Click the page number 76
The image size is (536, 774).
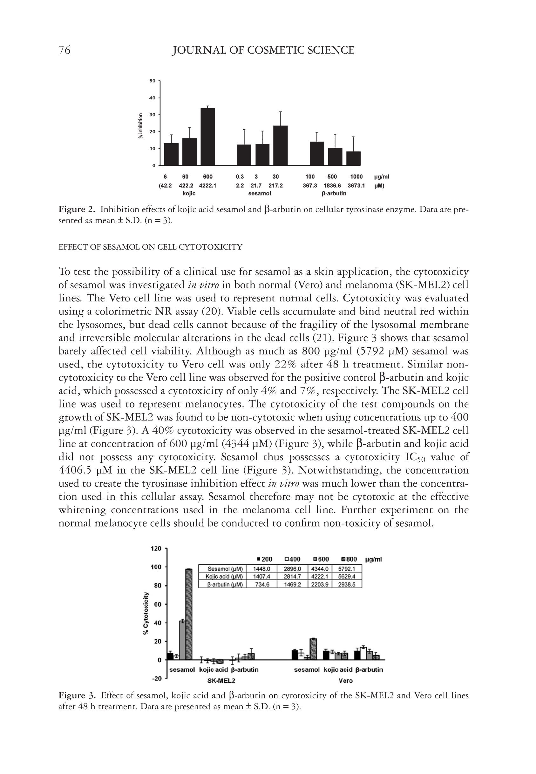[64, 50]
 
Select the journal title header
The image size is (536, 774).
[263, 50]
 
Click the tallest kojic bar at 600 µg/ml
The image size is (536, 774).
[207, 137]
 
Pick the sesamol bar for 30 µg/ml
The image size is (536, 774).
[281, 146]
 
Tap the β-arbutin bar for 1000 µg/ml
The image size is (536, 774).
[353, 158]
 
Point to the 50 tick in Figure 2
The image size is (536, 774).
[153, 81]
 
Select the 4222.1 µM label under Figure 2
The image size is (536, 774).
[207, 185]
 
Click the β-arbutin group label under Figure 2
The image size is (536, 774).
[334, 194]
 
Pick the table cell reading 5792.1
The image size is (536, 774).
[347, 569]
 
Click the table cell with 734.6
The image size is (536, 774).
[261, 584]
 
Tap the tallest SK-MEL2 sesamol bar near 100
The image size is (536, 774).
[189, 614]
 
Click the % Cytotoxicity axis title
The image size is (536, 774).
[146, 613]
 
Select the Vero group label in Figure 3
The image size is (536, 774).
[346, 681]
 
